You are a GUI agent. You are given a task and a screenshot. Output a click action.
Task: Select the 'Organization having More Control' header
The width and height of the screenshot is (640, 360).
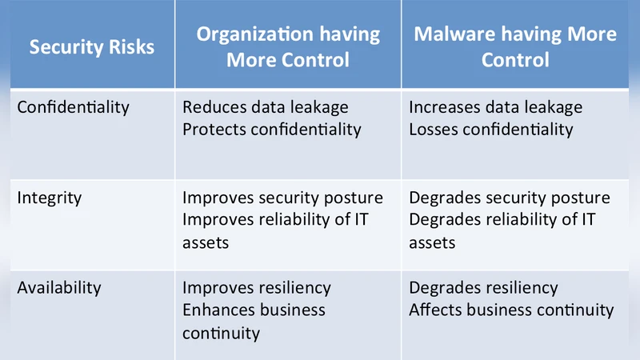click(288, 47)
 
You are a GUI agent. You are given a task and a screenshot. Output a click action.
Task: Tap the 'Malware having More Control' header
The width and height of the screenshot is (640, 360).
click(514, 47)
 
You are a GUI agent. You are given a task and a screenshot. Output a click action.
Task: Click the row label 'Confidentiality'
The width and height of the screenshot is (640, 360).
click(73, 107)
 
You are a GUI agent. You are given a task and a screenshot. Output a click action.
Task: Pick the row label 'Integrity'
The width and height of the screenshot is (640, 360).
click(50, 198)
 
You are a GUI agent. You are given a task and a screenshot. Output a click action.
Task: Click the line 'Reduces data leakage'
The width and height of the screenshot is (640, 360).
click(266, 107)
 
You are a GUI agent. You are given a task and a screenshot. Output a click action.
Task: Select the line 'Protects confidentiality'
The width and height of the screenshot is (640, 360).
click(272, 129)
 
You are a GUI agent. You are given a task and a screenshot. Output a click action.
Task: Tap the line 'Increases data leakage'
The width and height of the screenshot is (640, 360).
click(496, 107)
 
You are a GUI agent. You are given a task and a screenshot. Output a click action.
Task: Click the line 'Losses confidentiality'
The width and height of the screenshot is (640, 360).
click(491, 129)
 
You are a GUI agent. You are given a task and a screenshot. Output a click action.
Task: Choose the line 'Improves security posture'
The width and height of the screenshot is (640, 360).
click(283, 198)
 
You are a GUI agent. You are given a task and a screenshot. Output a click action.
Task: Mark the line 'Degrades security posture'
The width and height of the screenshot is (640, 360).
click(510, 198)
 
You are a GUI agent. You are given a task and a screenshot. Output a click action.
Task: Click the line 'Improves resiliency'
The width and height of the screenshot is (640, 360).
click(257, 288)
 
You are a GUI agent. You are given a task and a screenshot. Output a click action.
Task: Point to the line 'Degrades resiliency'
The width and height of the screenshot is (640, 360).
click(484, 288)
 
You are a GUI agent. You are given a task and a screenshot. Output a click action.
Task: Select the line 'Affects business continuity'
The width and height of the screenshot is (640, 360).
click(511, 310)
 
